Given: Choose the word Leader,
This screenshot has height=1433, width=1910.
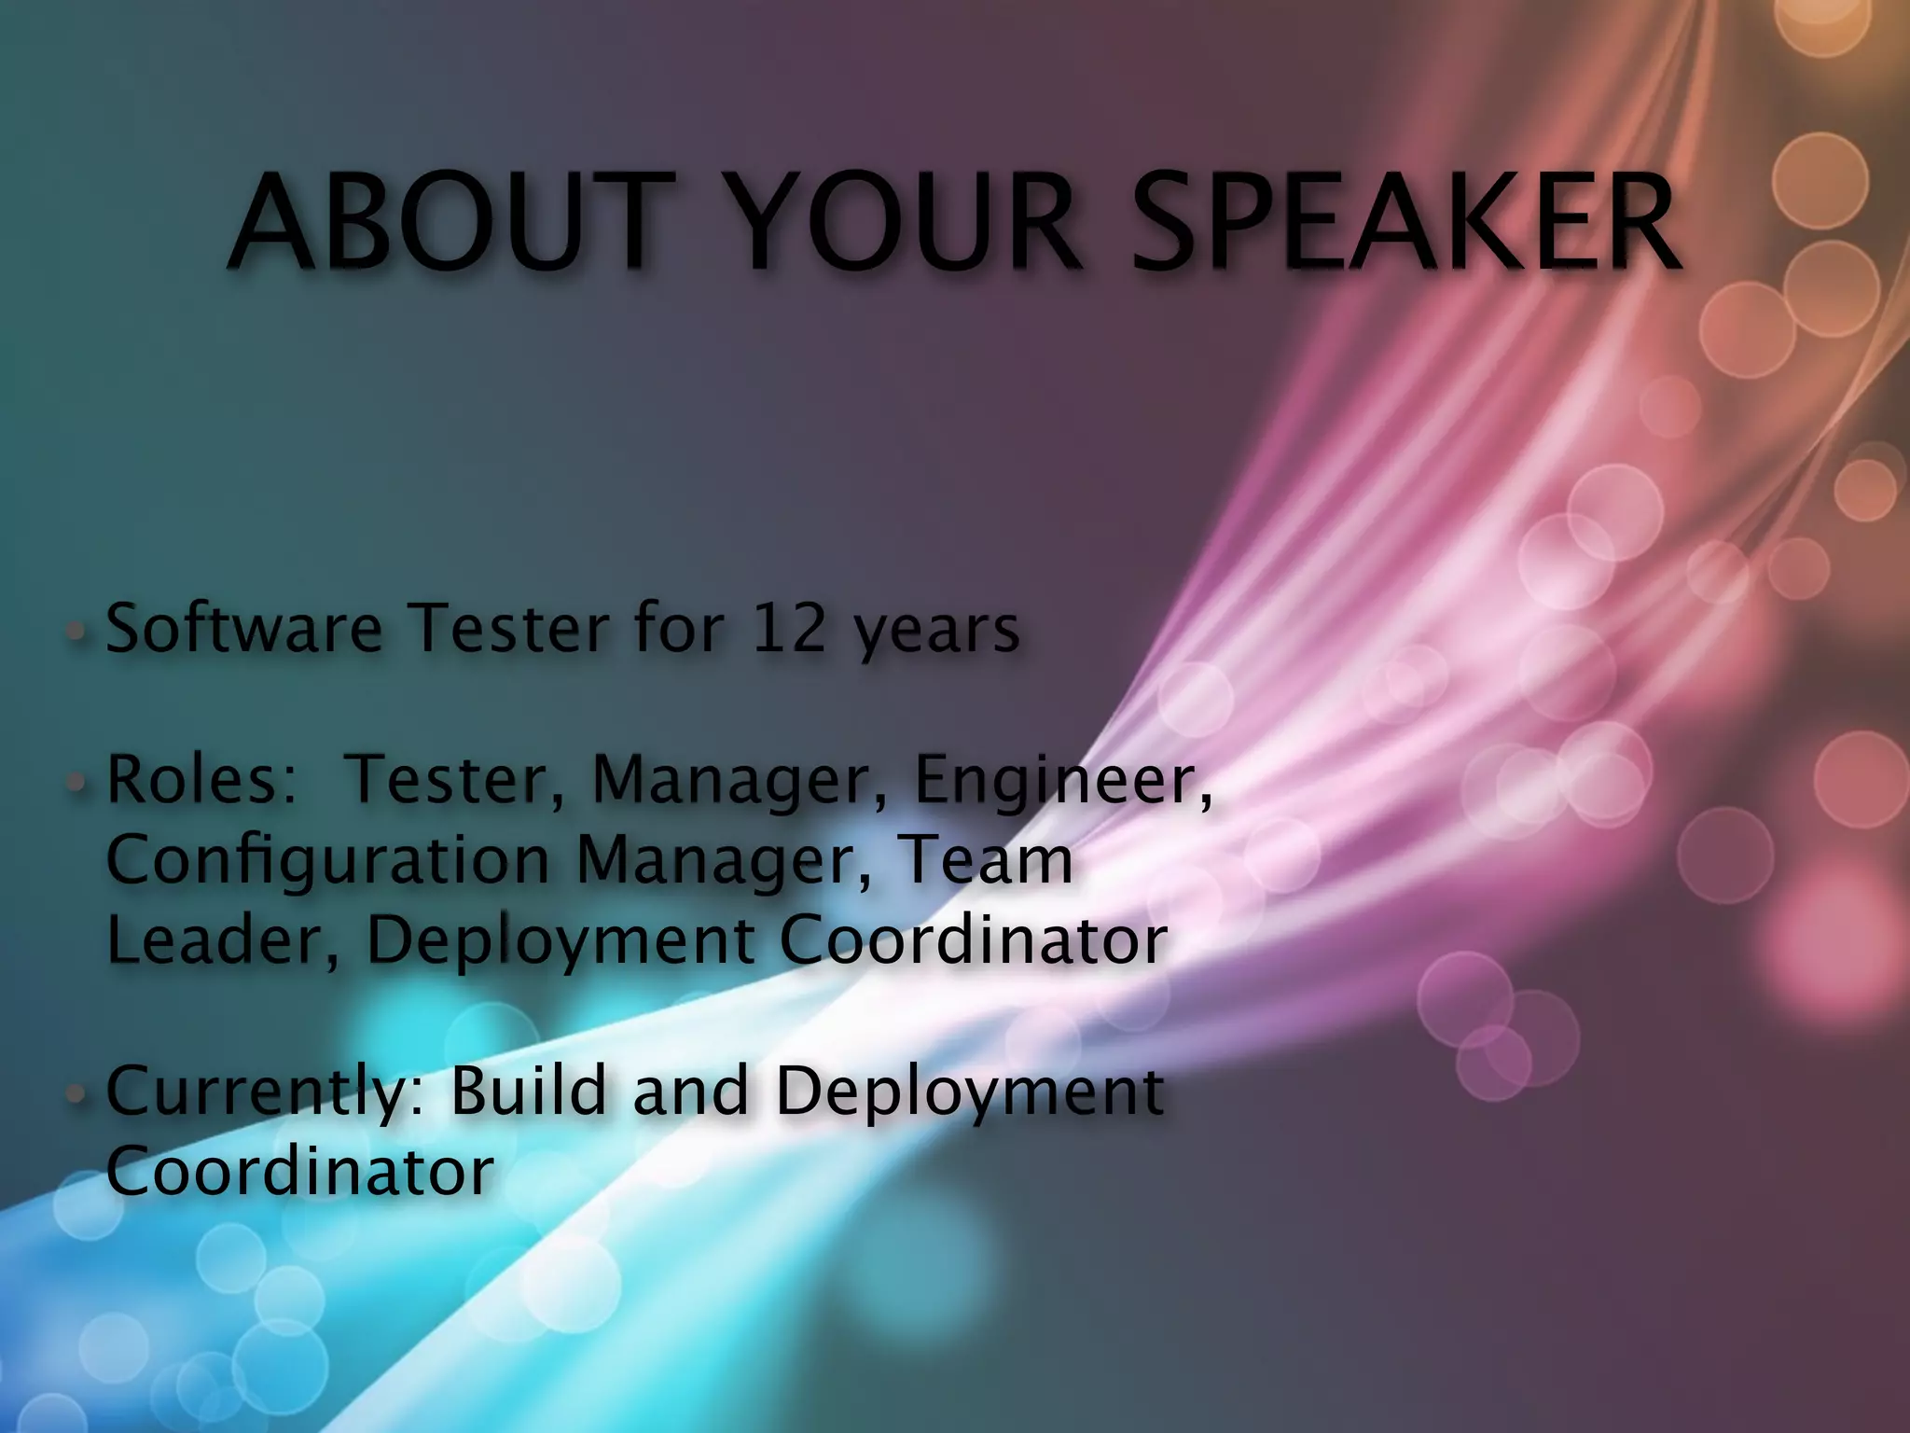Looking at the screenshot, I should (224, 940).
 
